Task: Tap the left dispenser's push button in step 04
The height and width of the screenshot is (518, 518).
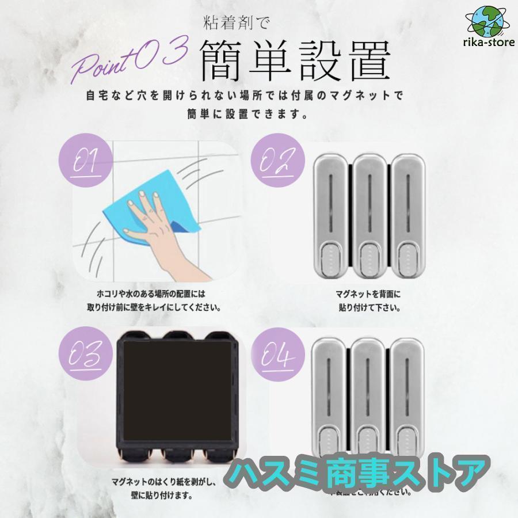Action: [332, 447]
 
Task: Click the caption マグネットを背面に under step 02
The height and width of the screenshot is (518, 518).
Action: [368, 294]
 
